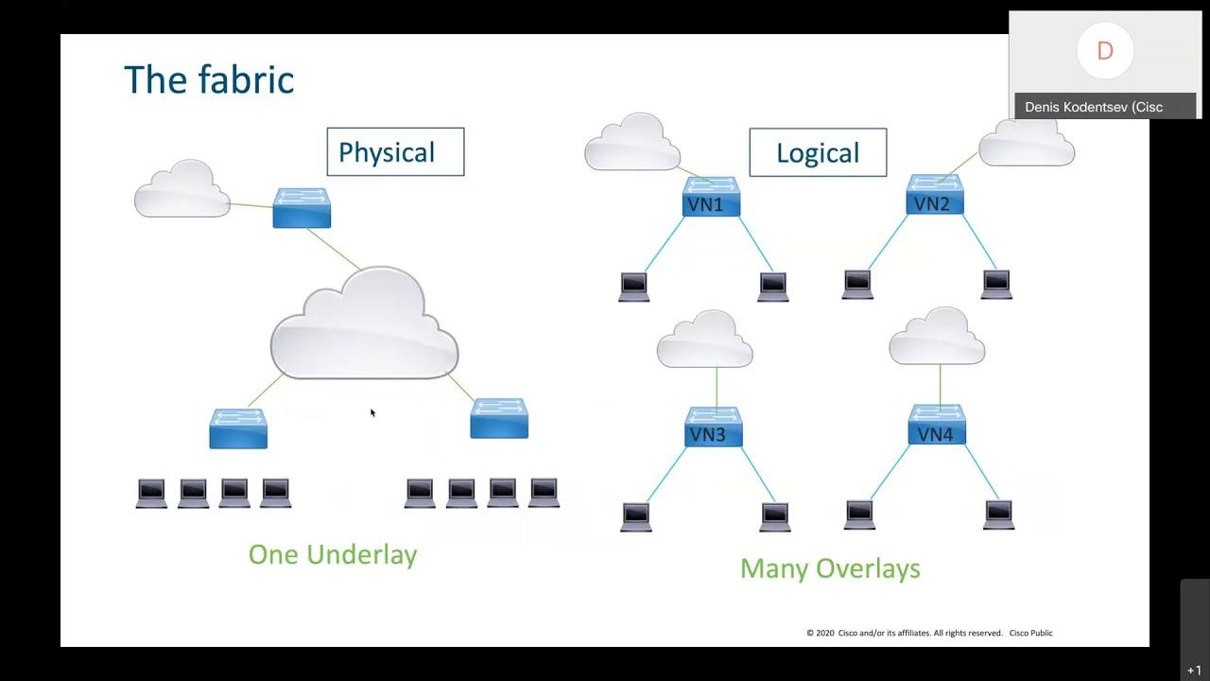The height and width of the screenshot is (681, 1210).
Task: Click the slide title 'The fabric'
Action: [x=209, y=79]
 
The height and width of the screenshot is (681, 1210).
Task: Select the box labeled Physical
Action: [x=395, y=152]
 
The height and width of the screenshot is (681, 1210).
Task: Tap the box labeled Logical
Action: [x=818, y=153]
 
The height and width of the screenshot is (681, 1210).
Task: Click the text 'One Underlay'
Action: [x=333, y=554]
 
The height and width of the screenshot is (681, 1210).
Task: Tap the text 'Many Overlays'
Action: [x=830, y=568]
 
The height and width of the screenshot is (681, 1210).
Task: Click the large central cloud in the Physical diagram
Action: [x=365, y=326]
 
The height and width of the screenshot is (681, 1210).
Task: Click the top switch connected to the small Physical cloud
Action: [x=302, y=208]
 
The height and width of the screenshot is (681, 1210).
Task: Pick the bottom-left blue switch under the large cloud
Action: [x=238, y=428]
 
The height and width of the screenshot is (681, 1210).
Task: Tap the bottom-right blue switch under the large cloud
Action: [x=499, y=419]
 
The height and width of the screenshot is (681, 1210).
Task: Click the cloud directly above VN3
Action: [x=705, y=340]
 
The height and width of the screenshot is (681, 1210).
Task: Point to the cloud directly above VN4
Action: [x=937, y=338]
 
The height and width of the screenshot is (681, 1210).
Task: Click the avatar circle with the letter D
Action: [x=1104, y=51]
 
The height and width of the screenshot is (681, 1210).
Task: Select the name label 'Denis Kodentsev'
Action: [x=1093, y=107]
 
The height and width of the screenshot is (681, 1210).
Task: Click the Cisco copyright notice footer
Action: [x=929, y=633]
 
